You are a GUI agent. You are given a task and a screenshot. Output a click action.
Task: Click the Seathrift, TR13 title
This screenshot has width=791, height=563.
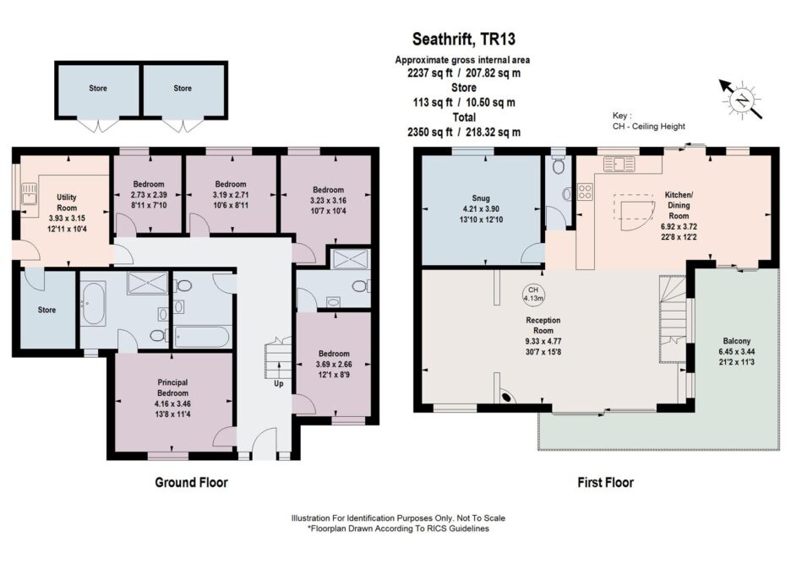coord(464,40)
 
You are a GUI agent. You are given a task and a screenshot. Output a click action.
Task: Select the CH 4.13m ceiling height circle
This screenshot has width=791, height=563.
coord(532,294)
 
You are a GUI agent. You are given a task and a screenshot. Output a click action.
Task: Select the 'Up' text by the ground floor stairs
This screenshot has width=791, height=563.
coord(279,383)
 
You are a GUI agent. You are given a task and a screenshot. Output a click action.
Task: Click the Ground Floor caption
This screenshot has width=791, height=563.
coord(191,482)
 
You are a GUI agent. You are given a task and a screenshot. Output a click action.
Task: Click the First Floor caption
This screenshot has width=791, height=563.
coord(605,482)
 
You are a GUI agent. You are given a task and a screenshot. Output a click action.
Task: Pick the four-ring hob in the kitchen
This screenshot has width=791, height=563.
coord(585,191)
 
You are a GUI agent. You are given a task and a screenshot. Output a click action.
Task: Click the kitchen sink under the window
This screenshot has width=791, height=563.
coord(619,163)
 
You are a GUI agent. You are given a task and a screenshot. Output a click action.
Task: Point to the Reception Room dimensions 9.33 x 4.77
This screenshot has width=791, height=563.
coord(543,341)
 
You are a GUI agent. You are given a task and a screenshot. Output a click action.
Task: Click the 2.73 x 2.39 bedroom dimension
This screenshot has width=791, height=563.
coord(149,194)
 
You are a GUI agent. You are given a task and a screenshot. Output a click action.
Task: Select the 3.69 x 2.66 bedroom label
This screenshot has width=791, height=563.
coord(334,364)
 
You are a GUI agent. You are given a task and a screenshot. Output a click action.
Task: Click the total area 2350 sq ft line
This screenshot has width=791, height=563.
coord(464,132)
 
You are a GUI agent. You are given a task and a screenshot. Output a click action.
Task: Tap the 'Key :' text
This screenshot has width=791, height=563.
coord(622,116)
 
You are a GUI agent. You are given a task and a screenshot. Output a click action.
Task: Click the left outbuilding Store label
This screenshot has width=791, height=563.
coord(98,88)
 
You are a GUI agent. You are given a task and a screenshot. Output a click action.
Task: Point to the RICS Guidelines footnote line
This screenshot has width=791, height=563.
coord(398,528)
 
